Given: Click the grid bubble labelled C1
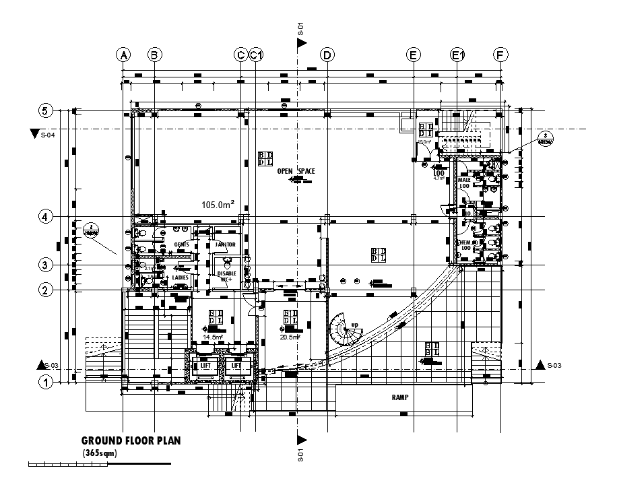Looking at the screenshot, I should click(x=255, y=55).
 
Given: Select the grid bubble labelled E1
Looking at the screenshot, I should click(x=457, y=55).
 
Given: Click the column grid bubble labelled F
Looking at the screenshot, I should click(x=500, y=55).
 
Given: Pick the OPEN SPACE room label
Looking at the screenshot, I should click(x=296, y=172).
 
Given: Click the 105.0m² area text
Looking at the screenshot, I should click(x=218, y=203).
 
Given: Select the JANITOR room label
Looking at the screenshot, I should click(x=225, y=244).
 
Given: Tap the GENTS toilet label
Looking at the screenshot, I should click(x=181, y=244).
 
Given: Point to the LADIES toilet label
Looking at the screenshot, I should click(x=180, y=277).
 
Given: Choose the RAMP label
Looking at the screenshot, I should click(x=400, y=397).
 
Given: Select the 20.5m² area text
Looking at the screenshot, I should click(x=291, y=337).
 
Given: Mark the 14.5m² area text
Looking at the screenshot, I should click(x=213, y=337).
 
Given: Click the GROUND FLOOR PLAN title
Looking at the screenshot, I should click(x=131, y=440).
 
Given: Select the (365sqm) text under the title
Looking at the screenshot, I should click(x=100, y=453).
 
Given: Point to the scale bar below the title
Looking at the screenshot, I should click(x=99, y=464).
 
